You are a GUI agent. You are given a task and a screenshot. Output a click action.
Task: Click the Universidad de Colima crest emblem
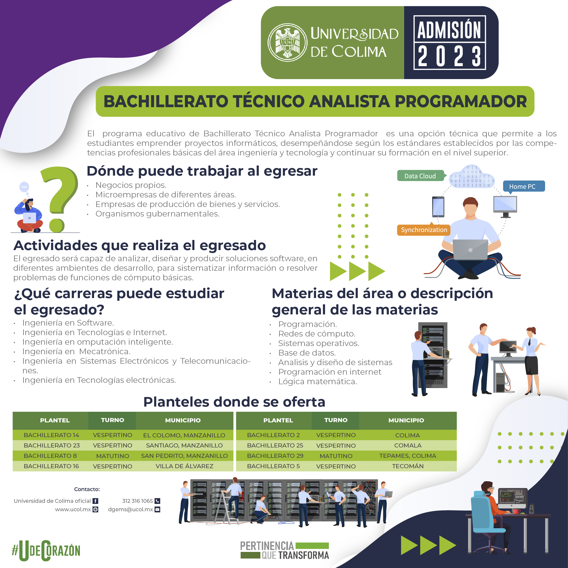287,42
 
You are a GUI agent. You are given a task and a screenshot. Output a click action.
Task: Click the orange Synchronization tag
424,230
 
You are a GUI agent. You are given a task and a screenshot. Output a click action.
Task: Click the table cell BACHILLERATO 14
52,435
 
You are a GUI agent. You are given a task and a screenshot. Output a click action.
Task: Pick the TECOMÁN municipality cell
408,466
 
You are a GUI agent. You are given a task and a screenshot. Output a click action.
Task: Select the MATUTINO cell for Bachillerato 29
336,456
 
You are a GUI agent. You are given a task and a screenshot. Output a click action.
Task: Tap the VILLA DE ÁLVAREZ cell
184,466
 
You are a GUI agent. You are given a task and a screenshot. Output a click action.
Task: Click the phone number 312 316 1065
138,501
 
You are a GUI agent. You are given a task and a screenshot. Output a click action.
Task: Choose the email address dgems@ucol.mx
131,509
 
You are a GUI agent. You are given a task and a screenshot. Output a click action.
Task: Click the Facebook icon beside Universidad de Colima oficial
95,501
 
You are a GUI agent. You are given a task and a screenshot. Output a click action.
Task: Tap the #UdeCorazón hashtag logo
46,550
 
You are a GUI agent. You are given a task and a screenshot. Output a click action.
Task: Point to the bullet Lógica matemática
317,381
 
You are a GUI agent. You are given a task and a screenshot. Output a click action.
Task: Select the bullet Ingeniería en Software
68,323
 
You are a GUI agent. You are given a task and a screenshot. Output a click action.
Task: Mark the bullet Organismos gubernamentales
157,214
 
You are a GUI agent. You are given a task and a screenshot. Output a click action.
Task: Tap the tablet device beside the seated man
438,207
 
